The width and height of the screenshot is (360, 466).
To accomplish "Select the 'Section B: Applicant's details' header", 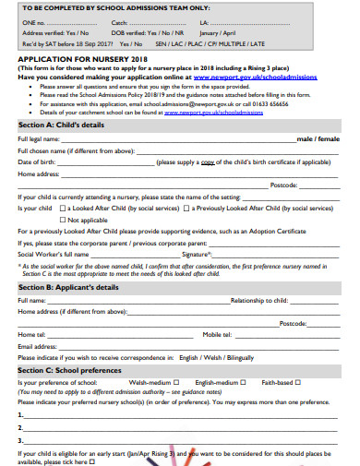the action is [x=68, y=287].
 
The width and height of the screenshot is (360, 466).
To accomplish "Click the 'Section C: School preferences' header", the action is [x=72, y=369].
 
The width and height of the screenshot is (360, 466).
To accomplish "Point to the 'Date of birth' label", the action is [x=35, y=161].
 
